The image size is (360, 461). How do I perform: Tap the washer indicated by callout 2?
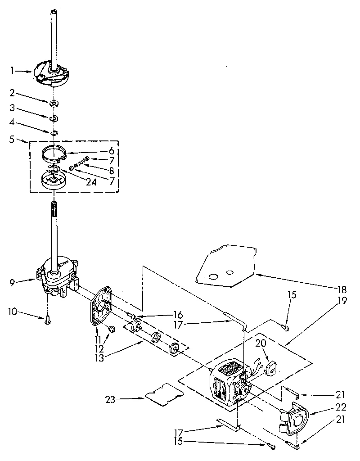pos(54,104)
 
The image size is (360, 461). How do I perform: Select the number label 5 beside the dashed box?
pos(12,139)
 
